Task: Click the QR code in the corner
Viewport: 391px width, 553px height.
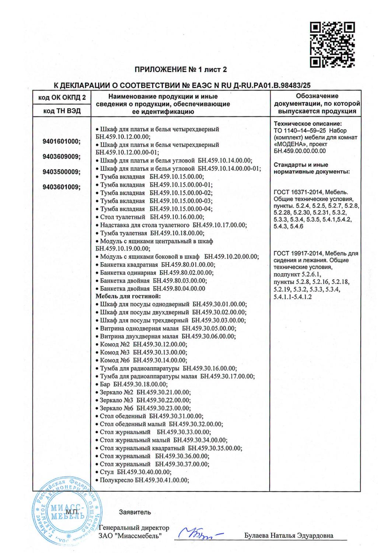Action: (x=332, y=45)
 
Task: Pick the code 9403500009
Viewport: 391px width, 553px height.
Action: (x=62, y=172)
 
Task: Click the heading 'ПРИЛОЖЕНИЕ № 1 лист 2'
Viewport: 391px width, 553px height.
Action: (x=180, y=69)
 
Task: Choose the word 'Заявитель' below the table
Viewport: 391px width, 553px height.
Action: (x=135, y=512)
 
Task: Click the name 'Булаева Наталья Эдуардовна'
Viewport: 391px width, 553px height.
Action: (x=289, y=536)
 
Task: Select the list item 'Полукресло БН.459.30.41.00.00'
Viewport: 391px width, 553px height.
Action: (x=144, y=480)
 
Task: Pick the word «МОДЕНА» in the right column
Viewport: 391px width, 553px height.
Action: (x=291, y=144)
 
